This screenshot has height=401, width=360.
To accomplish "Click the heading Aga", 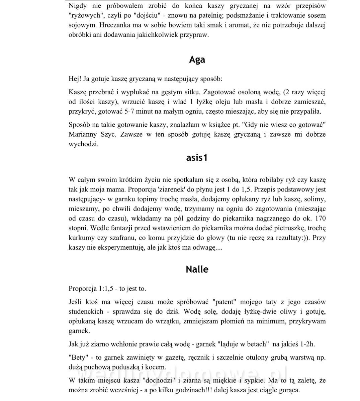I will tap(197, 60).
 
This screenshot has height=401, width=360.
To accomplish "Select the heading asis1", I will tap(197, 157).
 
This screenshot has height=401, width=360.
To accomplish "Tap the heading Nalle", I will tap(197, 269).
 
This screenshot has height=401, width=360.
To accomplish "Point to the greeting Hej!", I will tap(75, 79).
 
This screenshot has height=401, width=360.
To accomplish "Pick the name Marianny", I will tap(83, 135).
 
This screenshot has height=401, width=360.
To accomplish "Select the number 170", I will tap(320, 219).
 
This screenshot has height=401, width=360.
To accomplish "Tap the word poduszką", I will tap(125, 367).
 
